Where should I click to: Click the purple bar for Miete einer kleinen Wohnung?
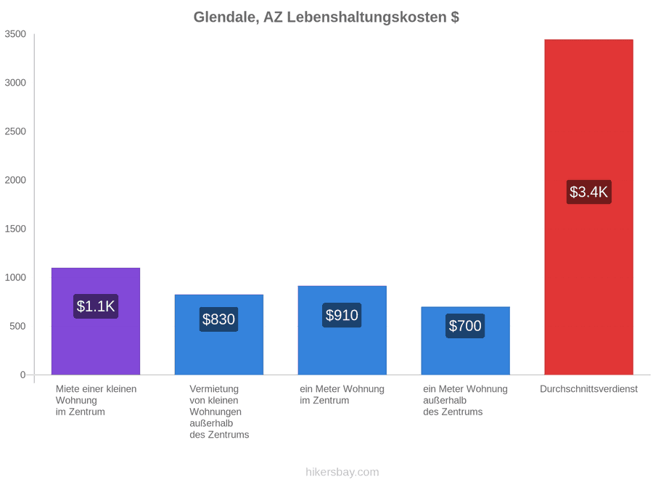(x=96, y=322)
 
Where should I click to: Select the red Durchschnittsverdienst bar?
(x=589, y=207)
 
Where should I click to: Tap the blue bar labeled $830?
(x=219, y=335)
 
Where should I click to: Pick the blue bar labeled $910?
(x=342, y=330)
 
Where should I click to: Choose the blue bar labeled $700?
(x=466, y=341)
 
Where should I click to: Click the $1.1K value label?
(x=96, y=306)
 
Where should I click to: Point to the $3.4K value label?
(x=589, y=192)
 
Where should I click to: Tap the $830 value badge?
(x=218, y=319)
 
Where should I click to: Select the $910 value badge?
(x=342, y=316)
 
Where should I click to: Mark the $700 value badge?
(x=465, y=326)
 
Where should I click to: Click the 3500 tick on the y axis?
(x=15, y=34)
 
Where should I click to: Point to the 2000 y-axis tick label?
(x=15, y=180)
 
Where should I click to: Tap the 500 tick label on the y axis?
(x=18, y=326)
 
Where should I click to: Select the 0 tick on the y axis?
(x=23, y=375)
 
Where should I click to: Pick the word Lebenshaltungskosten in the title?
(x=367, y=17)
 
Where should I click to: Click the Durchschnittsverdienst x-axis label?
(x=589, y=389)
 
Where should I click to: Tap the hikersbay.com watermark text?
(x=342, y=472)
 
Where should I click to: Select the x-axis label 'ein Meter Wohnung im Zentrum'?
(x=342, y=395)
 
